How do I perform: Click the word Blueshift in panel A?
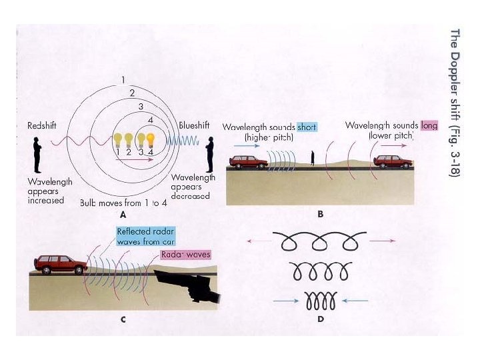tap(194, 125)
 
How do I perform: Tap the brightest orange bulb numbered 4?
tap(151, 141)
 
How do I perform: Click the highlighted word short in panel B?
tap(307, 126)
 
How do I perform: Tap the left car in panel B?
tap(248, 161)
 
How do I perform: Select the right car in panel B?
tap(393, 161)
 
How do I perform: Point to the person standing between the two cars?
tap(311, 158)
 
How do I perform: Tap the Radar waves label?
tap(185, 255)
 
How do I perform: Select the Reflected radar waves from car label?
tap(145, 237)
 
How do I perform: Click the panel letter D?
tap(321, 320)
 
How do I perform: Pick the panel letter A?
tap(122, 215)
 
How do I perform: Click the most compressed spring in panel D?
tap(321, 301)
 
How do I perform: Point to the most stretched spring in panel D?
tap(321, 241)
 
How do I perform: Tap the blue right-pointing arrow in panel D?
tap(287, 301)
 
